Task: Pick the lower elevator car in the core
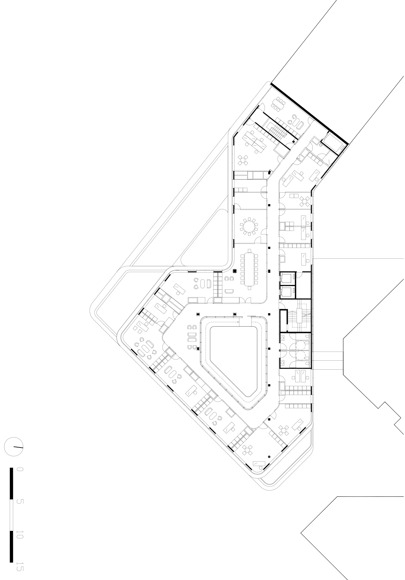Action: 287,292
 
